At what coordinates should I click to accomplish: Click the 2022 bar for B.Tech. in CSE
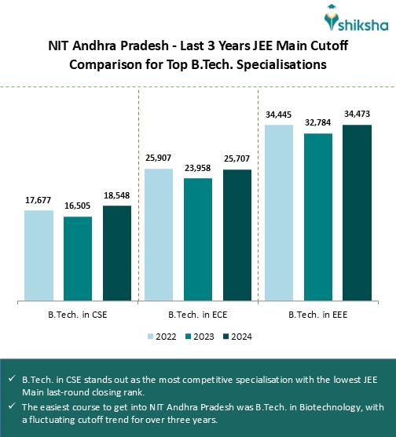pos(38,255)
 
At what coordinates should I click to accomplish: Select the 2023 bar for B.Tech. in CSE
pos(78,258)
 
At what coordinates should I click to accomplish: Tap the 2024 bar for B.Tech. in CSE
pos(117,253)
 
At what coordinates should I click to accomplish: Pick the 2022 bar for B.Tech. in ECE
pos(159,235)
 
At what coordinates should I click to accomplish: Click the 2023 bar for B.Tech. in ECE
pos(198,239)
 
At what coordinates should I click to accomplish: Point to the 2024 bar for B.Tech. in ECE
pos(237,235)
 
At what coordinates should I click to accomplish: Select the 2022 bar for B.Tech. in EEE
pos(279,212)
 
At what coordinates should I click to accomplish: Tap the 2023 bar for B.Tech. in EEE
pos(318,217)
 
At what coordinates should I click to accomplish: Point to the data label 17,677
pos(38,201)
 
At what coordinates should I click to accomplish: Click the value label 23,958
pos(198,169)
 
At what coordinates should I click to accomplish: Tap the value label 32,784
pos(318,123)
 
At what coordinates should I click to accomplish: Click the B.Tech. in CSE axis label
pos(78,315)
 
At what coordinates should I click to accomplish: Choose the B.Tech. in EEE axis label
pos(318,315)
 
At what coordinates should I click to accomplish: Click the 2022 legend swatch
pos(150,336)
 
